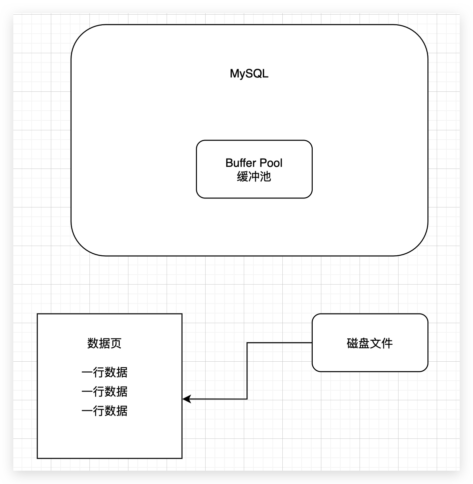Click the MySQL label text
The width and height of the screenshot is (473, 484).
249,73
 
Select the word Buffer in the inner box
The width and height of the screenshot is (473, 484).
241,163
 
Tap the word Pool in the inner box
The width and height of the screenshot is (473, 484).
271,163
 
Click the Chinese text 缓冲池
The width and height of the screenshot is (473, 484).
254,177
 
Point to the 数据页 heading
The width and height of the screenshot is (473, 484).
104,343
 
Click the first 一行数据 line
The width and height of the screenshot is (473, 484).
104,372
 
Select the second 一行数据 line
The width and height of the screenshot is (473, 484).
104,391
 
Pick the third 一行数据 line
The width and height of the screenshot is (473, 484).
104,411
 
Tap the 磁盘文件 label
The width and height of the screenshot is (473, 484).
370,343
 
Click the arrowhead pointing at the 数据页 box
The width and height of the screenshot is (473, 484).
186,399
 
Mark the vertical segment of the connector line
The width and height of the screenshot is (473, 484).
247,371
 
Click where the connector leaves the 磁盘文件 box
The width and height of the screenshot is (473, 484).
312,343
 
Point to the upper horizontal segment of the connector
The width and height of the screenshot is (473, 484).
279,343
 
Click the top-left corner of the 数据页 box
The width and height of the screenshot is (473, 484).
37,314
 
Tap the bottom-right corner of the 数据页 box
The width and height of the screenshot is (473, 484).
182,458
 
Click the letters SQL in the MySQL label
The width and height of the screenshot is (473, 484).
257,73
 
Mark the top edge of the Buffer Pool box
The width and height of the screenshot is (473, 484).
254,140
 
